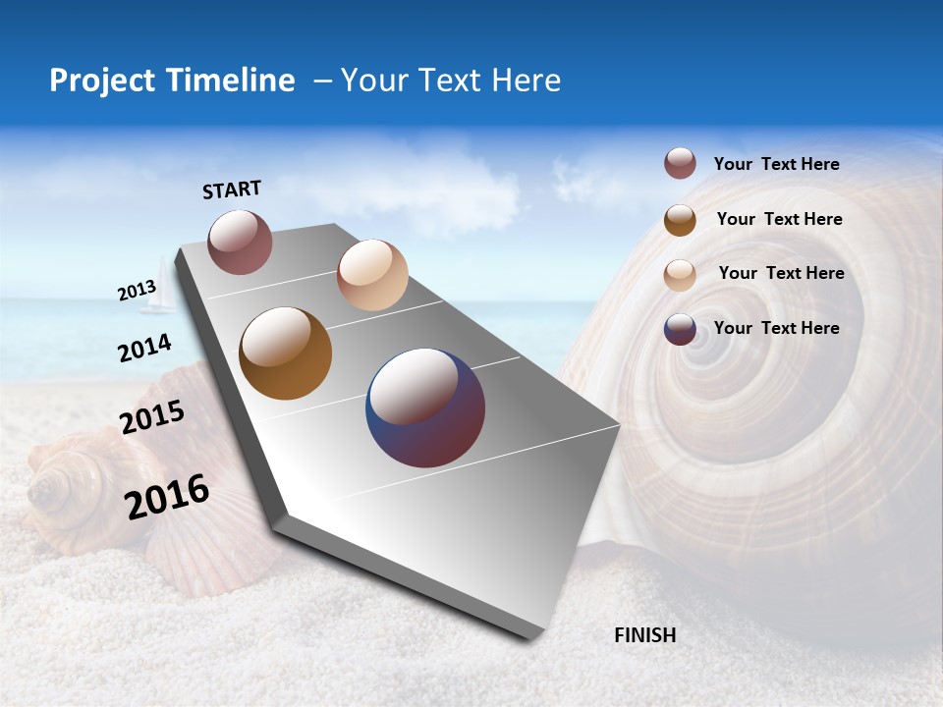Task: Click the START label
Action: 232,190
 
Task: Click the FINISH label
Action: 645,635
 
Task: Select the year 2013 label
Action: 137,291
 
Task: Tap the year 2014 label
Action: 144,348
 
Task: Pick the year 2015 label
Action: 152,417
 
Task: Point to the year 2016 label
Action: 167,497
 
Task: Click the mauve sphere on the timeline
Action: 240,242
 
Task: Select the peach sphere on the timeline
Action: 372,275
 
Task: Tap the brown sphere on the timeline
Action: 286,353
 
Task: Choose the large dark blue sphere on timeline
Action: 425,408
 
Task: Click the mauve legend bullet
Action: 680,164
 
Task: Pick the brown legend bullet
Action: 680,220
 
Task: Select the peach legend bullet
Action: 680,275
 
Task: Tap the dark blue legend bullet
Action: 680,330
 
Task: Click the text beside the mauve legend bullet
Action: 776,164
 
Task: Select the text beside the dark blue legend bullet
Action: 776,328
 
